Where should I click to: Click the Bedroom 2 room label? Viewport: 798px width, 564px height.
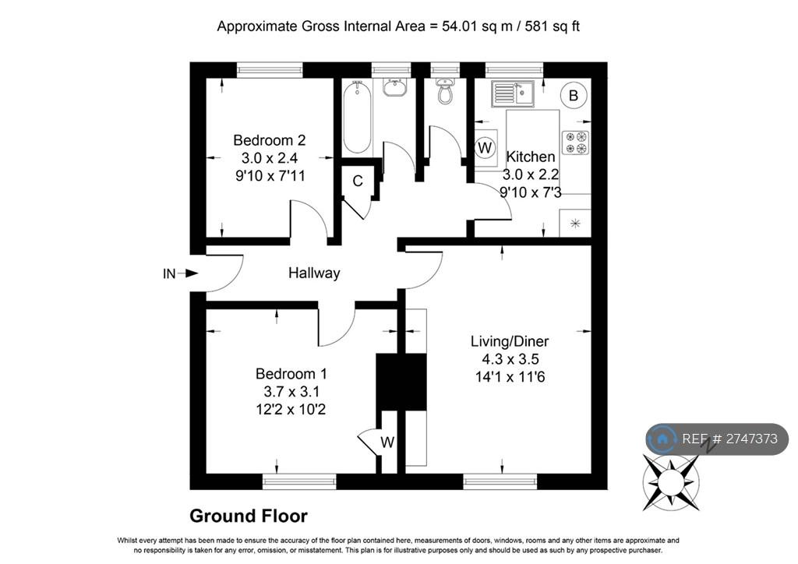point(269,140)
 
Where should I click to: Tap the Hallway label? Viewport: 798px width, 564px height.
point(314,273)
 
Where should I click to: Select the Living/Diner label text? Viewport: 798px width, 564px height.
point(510,341)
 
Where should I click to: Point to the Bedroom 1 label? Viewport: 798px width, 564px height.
point(291,374)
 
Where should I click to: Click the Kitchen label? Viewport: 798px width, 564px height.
point(530,157)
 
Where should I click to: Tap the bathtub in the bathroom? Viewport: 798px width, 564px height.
point(357,117)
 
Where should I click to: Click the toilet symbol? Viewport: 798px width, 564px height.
point(445,90)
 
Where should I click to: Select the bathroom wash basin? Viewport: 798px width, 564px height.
point(394,87)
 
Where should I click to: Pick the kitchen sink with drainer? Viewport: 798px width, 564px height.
point(513,93)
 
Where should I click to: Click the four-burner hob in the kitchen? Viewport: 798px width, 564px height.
point(576,143)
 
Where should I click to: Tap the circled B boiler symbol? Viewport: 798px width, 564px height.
point(574,95)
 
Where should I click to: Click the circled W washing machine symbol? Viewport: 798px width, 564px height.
point(485,147)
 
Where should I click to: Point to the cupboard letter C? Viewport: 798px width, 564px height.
point(358,181)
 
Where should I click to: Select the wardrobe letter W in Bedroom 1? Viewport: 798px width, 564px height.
point(387,442)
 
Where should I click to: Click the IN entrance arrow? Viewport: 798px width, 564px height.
point(181,273)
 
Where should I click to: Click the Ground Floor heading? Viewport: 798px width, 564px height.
point(249,516)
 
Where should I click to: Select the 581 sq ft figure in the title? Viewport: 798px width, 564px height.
point(553,26)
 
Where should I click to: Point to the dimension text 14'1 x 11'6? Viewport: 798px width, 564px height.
point(510,377)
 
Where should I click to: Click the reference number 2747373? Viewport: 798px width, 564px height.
point(752,439)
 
